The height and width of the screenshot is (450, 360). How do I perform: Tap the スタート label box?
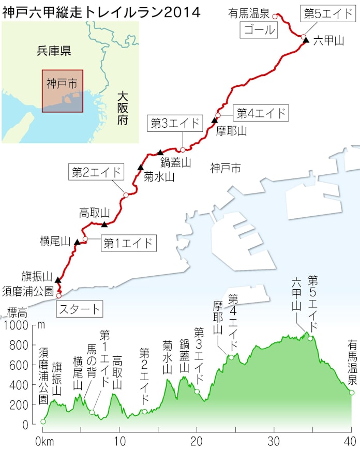point(78,310)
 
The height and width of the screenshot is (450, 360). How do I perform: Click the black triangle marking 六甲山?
point(306,40)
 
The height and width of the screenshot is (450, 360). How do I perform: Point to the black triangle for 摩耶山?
point(215,121)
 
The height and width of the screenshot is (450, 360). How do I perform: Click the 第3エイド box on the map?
point(175,123)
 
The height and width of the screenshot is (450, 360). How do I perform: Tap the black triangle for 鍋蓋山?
point(160,152)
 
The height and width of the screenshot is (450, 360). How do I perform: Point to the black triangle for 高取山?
point(104,224)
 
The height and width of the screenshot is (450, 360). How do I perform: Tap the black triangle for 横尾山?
point(78,242)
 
